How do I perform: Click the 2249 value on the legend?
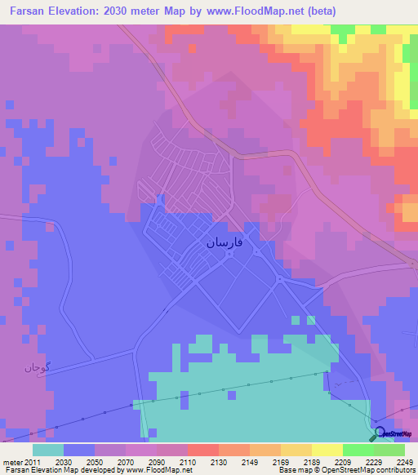pyautogui.click(x=394, y=463)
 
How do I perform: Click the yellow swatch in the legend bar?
pyautogui.click(x=327, y=450)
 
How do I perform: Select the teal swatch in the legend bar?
pyautogui.click(x=47, y=450)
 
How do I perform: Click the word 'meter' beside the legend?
pyautogui.click(x=13, y=463)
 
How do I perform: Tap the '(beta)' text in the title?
pyautogui.click(x=318, y=11)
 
